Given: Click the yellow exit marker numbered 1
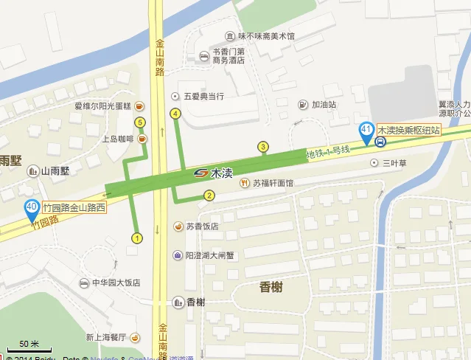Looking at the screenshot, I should tap(136, 238).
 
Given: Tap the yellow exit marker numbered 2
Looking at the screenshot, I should tap(209, 195).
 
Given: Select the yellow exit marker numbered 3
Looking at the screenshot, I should tap(262, 147).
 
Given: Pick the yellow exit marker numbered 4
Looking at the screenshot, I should tap(175, 114).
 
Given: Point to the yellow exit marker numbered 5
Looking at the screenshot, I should tap(140, 122).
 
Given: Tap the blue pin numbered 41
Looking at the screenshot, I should tap(366, 131).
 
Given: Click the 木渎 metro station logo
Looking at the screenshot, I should tap(200, 173).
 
